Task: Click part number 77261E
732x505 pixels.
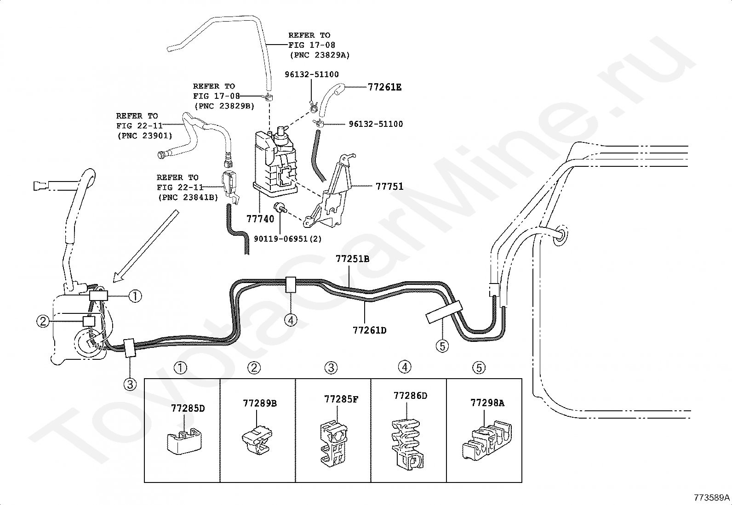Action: pyautogui.click(x=384, y=87)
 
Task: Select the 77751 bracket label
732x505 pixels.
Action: pyautogui.click(x=389, y=186)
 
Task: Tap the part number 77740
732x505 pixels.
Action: pyautogui.click(x=261, y=219)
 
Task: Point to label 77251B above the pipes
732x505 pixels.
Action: pyautogui.click(x=352, y=259)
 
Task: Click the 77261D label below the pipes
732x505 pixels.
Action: pyautogui.click(x=369, y=330)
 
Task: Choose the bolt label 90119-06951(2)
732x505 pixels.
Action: pyautogui.click(x=288, y=239)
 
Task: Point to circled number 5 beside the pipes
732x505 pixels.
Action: pyautogui.click(x=442, y=346)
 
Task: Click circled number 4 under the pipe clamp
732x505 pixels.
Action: pyautogui.click(x=291, y=320)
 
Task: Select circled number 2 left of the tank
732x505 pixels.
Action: pyautogui.click(x=43, y=321)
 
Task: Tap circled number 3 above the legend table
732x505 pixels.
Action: pyautogui.click(x=130, y=384)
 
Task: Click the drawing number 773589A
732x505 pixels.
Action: pyautogui.click(x=712, y=497)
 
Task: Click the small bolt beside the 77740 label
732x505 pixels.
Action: pyautogui.click(x=279, y=207)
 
